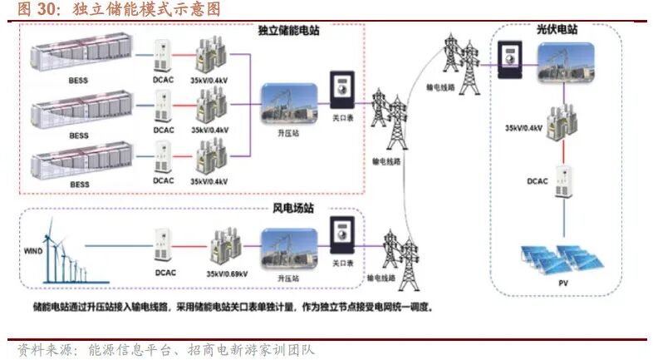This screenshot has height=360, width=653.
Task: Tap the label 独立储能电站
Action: click(x=288, y=30)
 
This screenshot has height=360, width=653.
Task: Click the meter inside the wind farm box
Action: click(x=340, y=235)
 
